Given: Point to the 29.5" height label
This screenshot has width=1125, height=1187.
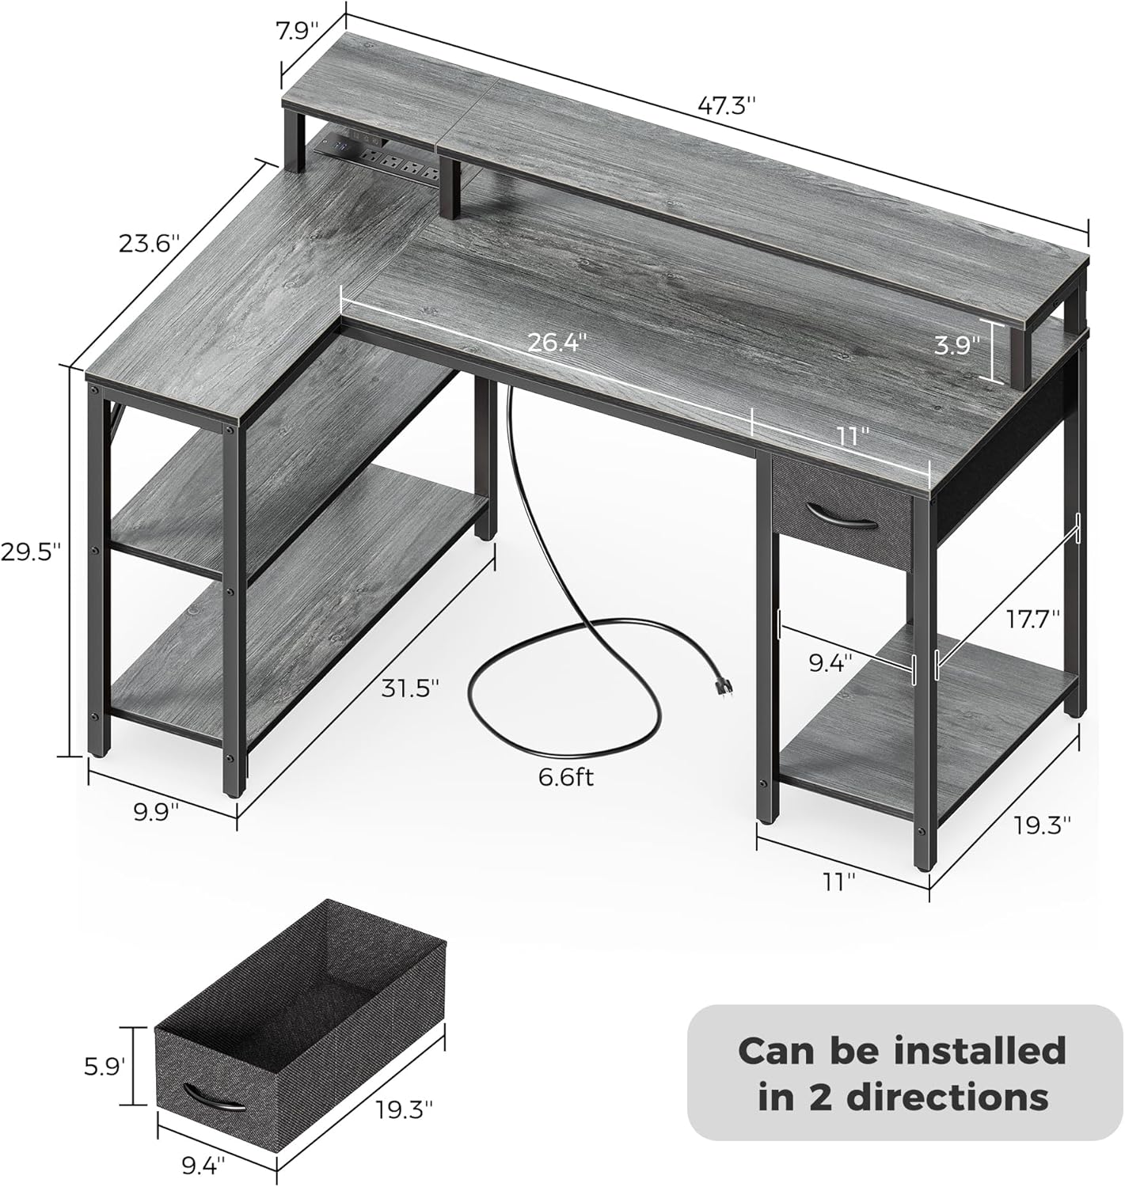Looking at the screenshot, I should (x=31, y=552).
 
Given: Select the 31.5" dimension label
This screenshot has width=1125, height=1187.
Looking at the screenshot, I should (x=409, y=688).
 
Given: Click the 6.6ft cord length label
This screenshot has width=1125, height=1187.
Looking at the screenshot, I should (x=565, y=777).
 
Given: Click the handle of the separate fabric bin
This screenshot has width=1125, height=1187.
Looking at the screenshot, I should (x=214, y=1099).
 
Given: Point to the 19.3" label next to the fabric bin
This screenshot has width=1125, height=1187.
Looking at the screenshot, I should (x=405, y=1109).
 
